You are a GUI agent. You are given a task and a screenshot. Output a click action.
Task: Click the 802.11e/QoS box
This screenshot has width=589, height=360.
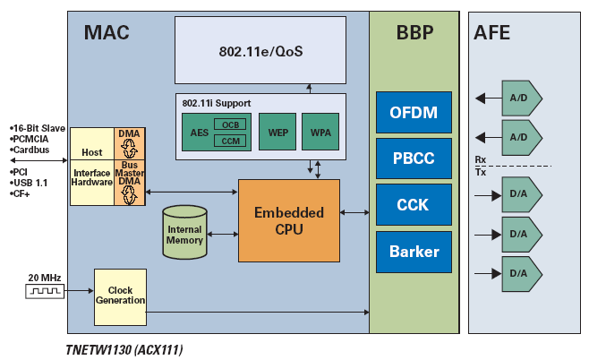tap(260, 50)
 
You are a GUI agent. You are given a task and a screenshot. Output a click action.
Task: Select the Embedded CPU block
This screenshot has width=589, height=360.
tap(289, 220)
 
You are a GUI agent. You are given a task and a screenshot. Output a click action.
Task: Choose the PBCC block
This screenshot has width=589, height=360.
tap(414, 159)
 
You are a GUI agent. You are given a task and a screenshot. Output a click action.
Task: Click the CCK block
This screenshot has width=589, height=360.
tap(414, 205)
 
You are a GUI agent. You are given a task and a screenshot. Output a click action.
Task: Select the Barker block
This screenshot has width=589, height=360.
tap(414, 252)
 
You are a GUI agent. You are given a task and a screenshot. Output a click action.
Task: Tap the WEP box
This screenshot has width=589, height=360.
tap(277, 132)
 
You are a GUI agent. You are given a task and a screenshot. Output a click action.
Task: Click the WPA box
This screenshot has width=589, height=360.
tap(320, 132)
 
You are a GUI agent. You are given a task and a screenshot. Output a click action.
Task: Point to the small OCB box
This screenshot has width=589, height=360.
tap(232, 124)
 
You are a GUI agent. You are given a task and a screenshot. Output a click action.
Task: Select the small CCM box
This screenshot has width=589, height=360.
tap(232, 141)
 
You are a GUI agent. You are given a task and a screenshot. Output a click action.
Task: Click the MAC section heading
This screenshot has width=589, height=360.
tap(107, 33)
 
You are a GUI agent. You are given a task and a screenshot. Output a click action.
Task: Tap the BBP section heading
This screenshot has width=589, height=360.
tap(414, 33)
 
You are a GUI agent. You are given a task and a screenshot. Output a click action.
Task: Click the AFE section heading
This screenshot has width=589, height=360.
tap(493, 33)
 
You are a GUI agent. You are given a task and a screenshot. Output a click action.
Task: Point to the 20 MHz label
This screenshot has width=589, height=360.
tap(44, 278)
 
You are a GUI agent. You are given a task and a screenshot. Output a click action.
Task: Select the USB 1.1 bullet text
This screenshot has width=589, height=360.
tap(31, 182)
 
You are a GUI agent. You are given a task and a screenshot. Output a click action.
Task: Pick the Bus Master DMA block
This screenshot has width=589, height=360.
tap(130, 184)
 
